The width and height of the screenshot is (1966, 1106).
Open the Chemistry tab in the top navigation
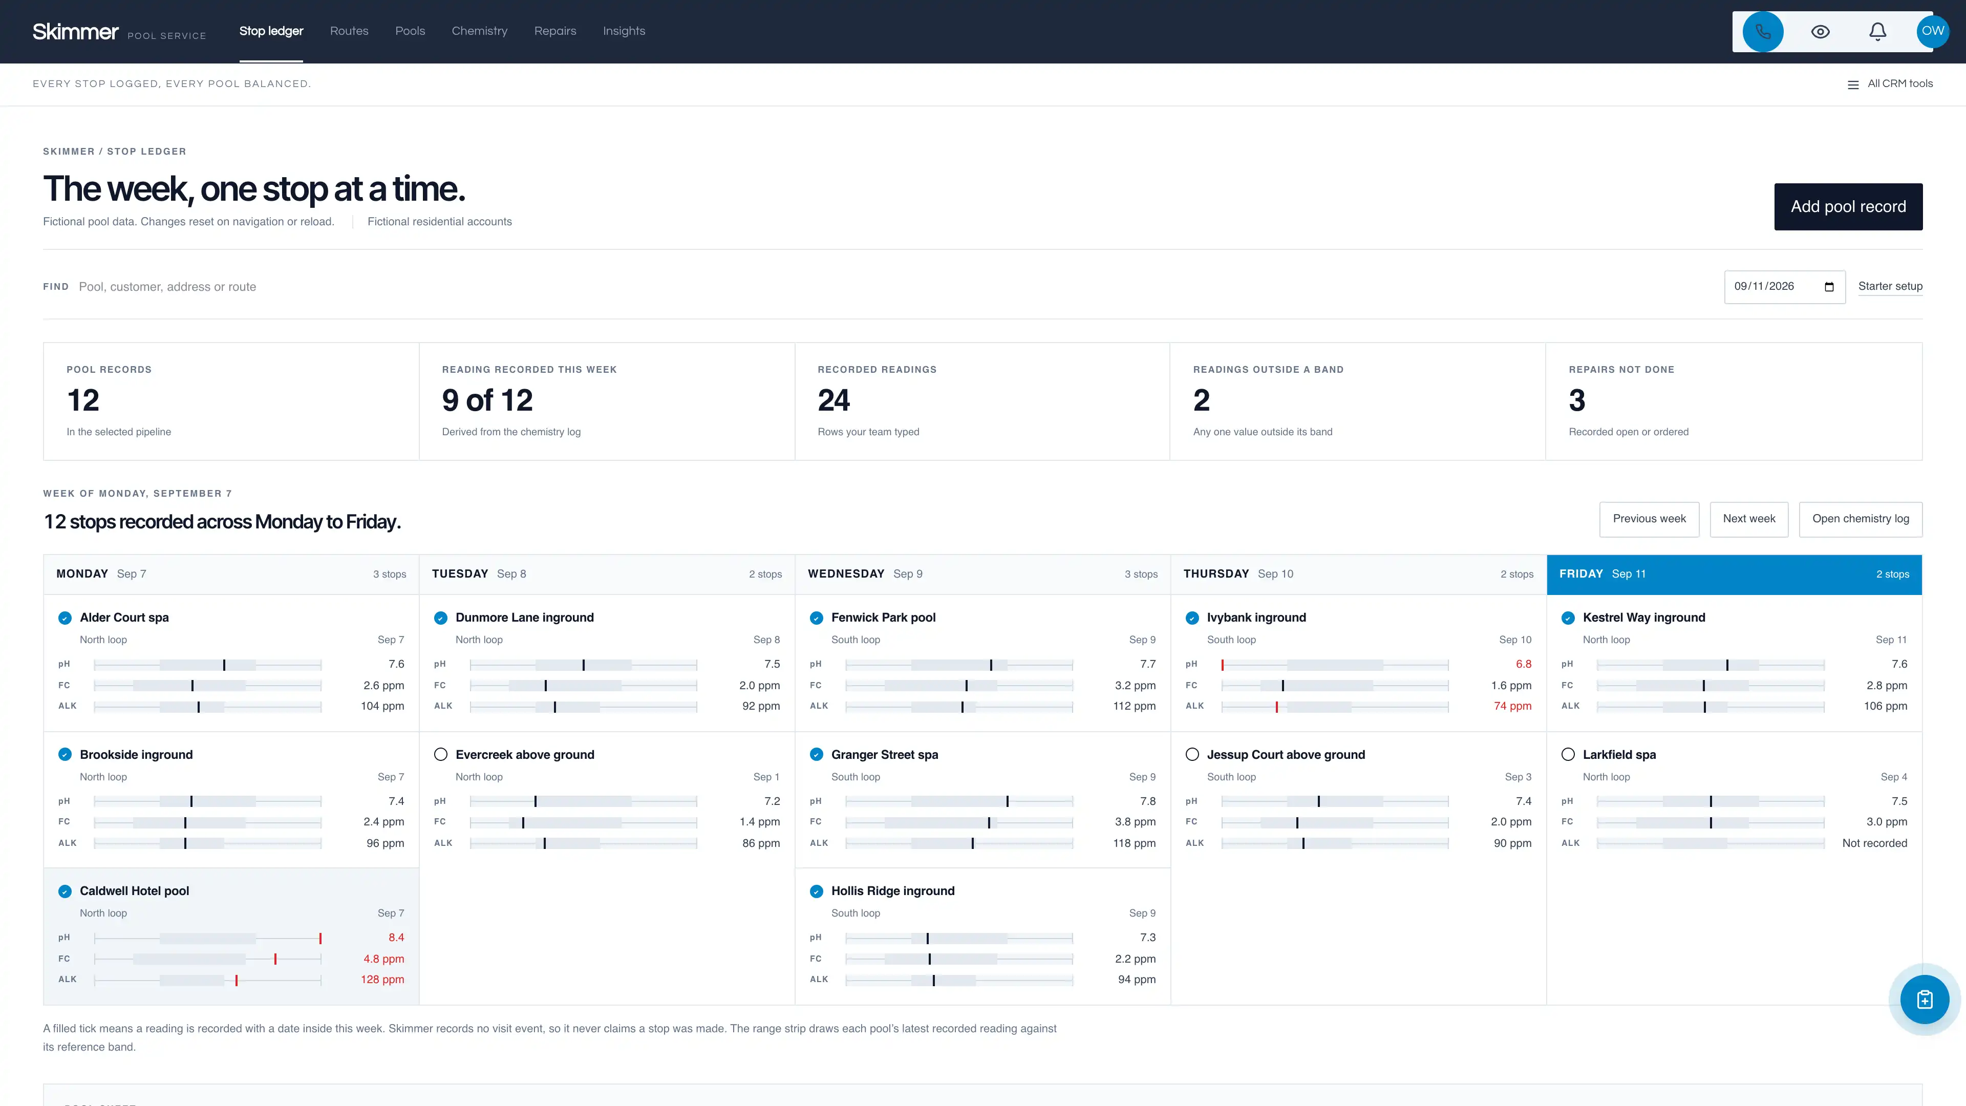(479, 31)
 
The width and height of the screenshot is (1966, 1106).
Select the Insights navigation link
(624, 31)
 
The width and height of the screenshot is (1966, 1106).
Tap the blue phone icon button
(1763, 31)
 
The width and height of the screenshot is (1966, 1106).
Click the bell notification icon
(1877, 31)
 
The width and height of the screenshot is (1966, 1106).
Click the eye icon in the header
(1820, 31)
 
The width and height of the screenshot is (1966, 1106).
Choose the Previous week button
(1649, 519)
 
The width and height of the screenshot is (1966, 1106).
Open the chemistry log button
(1861, 519)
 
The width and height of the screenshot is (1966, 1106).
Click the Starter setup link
(1890, 286)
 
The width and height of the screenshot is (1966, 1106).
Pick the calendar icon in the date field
(1829, 287)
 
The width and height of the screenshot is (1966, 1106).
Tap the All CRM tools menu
(1890, 84)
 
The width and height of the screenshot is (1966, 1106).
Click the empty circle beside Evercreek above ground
(440, 755)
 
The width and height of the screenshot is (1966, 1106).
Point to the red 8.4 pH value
(396, 938)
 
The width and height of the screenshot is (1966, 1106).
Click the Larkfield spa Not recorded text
(1874, 843)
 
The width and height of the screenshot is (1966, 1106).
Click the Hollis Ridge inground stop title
(893, 891)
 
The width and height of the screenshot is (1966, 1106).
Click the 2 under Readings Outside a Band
(1201, 400)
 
